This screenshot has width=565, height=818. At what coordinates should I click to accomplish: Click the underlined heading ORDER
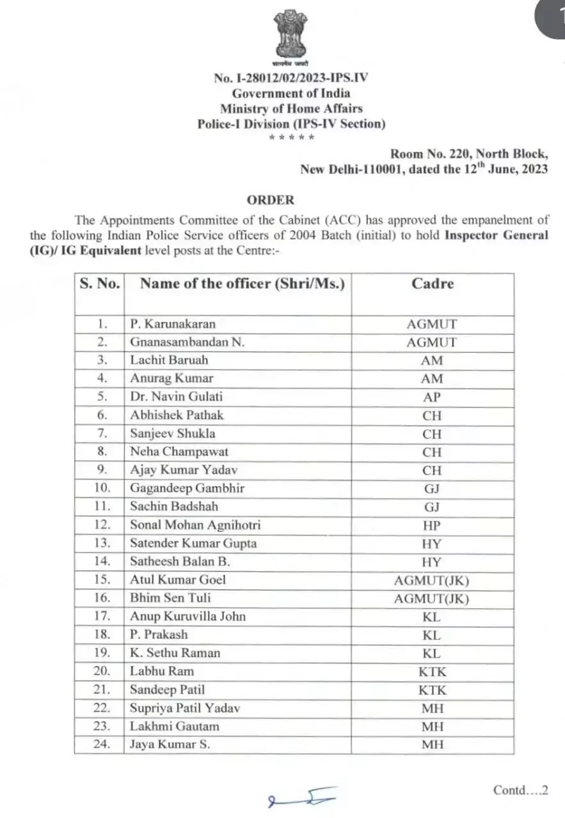click(271, 199)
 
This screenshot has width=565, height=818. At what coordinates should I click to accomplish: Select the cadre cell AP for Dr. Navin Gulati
click(433, 397)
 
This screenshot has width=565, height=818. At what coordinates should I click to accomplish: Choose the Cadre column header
click(433, 283)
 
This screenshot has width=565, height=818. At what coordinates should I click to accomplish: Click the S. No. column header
click(99, 284)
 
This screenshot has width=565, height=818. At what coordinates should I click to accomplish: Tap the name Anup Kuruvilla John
click(188, 616)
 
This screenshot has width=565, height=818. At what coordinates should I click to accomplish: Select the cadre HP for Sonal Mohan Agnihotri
click(433, 525)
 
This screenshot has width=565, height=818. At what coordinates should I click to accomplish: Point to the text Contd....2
click(521, 791)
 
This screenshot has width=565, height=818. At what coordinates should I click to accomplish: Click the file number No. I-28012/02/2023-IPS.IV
click(291, 78)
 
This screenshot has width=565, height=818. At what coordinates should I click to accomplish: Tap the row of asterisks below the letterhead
click(291, 137)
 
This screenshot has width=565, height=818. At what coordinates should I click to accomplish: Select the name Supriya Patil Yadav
click(185, 708)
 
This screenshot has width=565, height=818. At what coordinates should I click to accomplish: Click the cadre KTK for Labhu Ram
click(433, 672)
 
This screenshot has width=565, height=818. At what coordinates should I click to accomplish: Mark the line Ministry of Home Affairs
click(291, 109)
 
